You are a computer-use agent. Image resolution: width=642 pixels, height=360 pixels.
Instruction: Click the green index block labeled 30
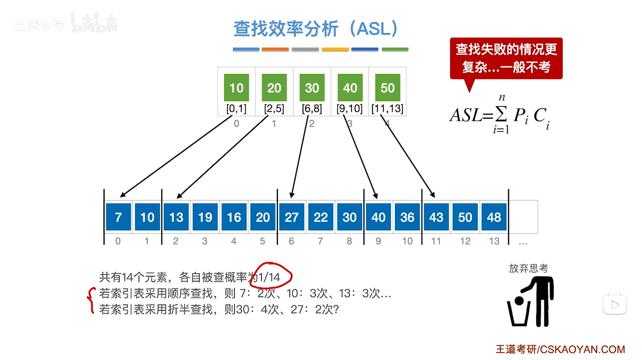[312, 88]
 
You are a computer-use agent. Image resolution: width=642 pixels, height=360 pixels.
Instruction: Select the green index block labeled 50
[387, 88]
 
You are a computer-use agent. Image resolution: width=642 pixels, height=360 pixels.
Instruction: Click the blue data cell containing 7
[118, 217]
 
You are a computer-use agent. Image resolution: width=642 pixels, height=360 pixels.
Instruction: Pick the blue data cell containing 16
[234, 217]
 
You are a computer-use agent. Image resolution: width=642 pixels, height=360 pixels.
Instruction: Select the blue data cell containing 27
[292, 217]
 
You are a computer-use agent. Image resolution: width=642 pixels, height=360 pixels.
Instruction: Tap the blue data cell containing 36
[407, 217]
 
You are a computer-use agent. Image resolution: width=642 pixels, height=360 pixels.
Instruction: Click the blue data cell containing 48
[494, 217]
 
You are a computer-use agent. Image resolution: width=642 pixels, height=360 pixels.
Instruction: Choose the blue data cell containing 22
[320, 217]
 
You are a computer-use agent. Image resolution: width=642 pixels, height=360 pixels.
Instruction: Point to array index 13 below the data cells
[494, 241]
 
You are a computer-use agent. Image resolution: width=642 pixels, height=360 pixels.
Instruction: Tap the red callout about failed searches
[506, 59]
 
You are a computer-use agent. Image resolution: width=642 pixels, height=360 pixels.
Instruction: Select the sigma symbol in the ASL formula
[501, 114]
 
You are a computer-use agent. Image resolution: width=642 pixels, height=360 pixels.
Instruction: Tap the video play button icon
[615, 304]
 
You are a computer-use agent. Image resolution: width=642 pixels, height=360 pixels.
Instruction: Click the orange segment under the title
[275, 49]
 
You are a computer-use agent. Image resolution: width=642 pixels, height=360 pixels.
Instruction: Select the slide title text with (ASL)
[315, 29]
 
